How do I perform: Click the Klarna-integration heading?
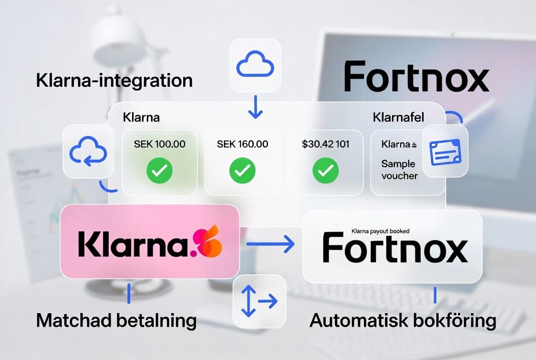point(114,81)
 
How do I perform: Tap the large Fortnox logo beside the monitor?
point(416,78)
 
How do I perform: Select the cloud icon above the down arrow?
point(255,65)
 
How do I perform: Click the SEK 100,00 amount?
point(160,144)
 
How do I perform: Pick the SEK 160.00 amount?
point(242,144)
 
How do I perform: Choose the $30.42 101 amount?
point(325,144)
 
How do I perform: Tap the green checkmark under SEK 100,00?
point(160,171)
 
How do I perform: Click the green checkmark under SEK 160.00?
point(242,171)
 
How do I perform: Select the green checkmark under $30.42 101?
point(325,171)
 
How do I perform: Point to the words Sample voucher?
point(399,169)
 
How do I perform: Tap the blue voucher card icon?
point(445,152)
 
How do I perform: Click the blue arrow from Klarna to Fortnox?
point(270,244)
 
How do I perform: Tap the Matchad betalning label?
point(116,320)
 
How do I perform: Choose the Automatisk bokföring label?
point(403,320)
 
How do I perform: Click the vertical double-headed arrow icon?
point(248,301)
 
